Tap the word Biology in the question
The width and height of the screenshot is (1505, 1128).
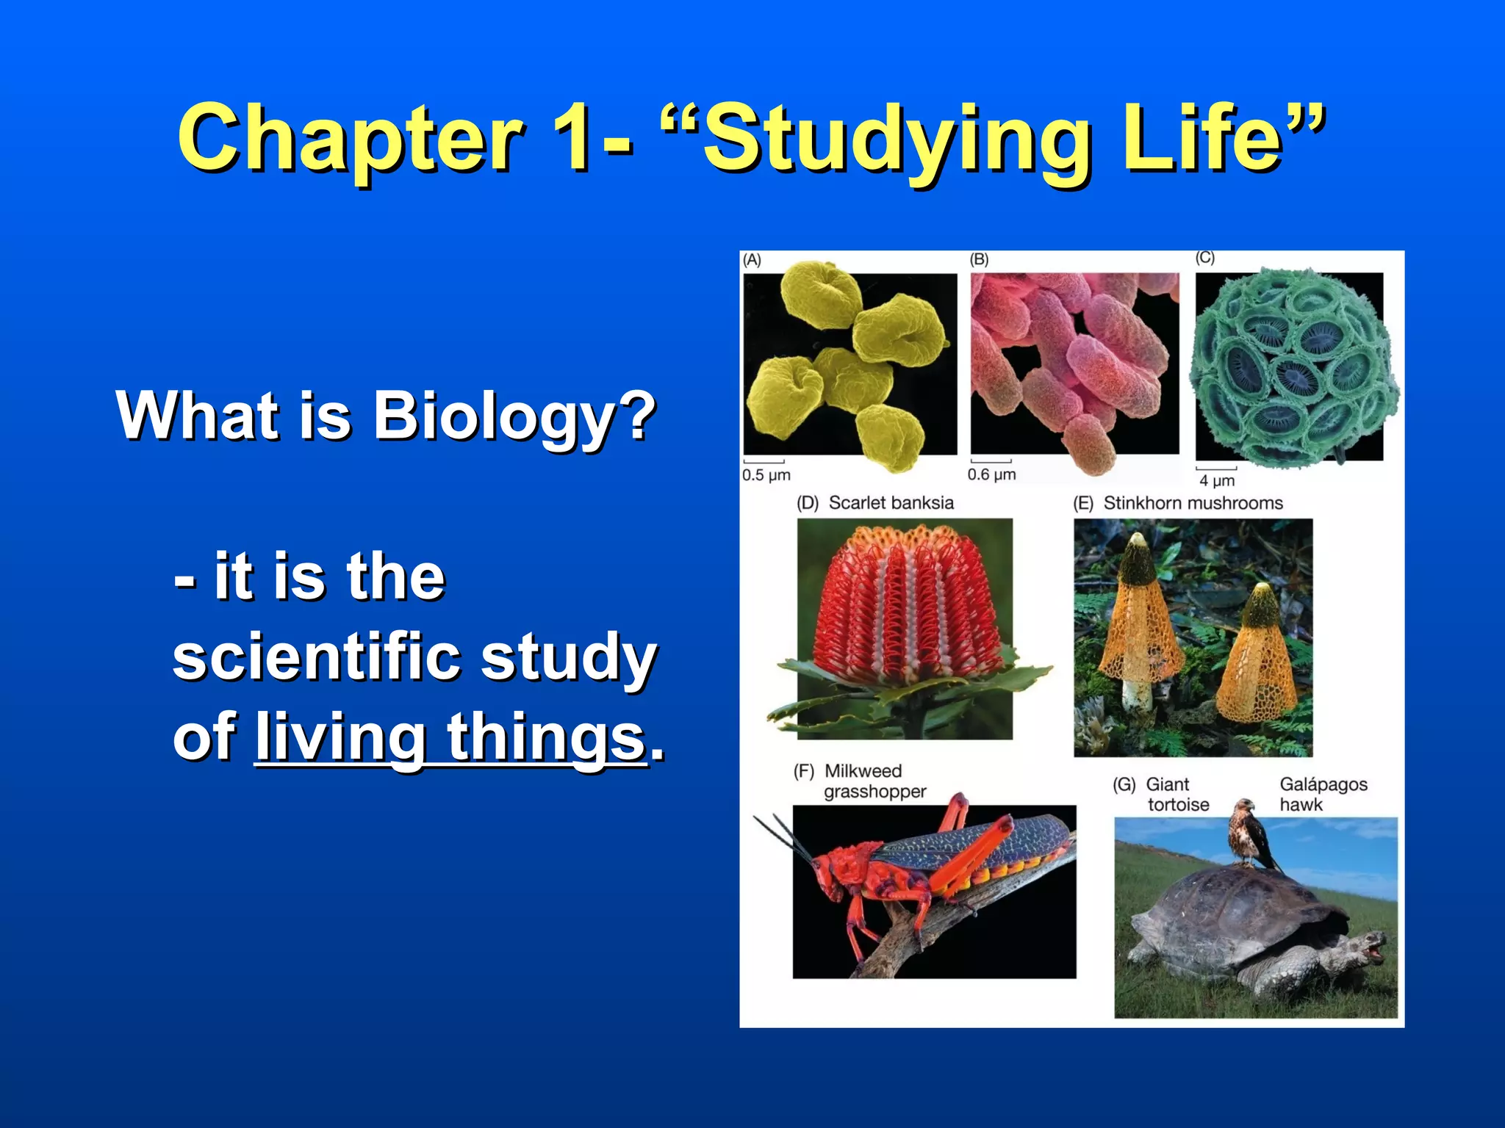(493, 416)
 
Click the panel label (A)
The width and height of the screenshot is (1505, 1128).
(752, 260)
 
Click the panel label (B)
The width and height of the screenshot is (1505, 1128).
(979, 259)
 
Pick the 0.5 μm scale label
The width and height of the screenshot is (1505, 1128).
(766, 475)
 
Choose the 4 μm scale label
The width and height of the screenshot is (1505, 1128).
(1217, 480)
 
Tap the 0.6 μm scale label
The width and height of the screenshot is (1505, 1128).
(991, 474)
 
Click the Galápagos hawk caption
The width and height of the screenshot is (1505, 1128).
(1323, 795)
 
